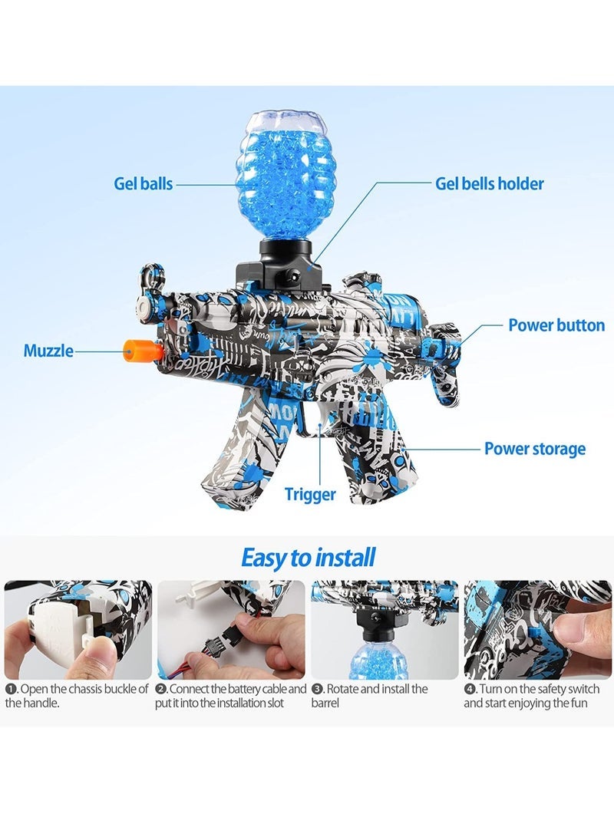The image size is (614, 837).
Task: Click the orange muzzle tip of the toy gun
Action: point(142,351)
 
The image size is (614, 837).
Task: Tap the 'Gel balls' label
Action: point(143,183)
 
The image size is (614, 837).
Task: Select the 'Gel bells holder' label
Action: point(490,183)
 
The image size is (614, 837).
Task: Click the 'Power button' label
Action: point(556,325)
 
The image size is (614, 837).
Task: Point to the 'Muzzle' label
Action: point(48,351)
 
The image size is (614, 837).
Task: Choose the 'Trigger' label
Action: point(309,494)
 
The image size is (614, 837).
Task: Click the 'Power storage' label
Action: point(534,449)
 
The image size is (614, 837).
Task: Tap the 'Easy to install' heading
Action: point(308,558)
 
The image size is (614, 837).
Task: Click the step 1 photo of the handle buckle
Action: point(78,630)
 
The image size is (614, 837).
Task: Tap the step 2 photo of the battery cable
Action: point(231,630)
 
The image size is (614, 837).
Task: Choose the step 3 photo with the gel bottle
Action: point(385,630)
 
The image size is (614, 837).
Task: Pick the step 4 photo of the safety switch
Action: point(538,630)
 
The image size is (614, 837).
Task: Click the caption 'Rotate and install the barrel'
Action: point(369,696)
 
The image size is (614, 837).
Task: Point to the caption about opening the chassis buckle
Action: point(77,696)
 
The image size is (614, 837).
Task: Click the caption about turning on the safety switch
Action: point(532,696)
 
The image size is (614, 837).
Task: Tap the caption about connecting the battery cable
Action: point(231,696)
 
